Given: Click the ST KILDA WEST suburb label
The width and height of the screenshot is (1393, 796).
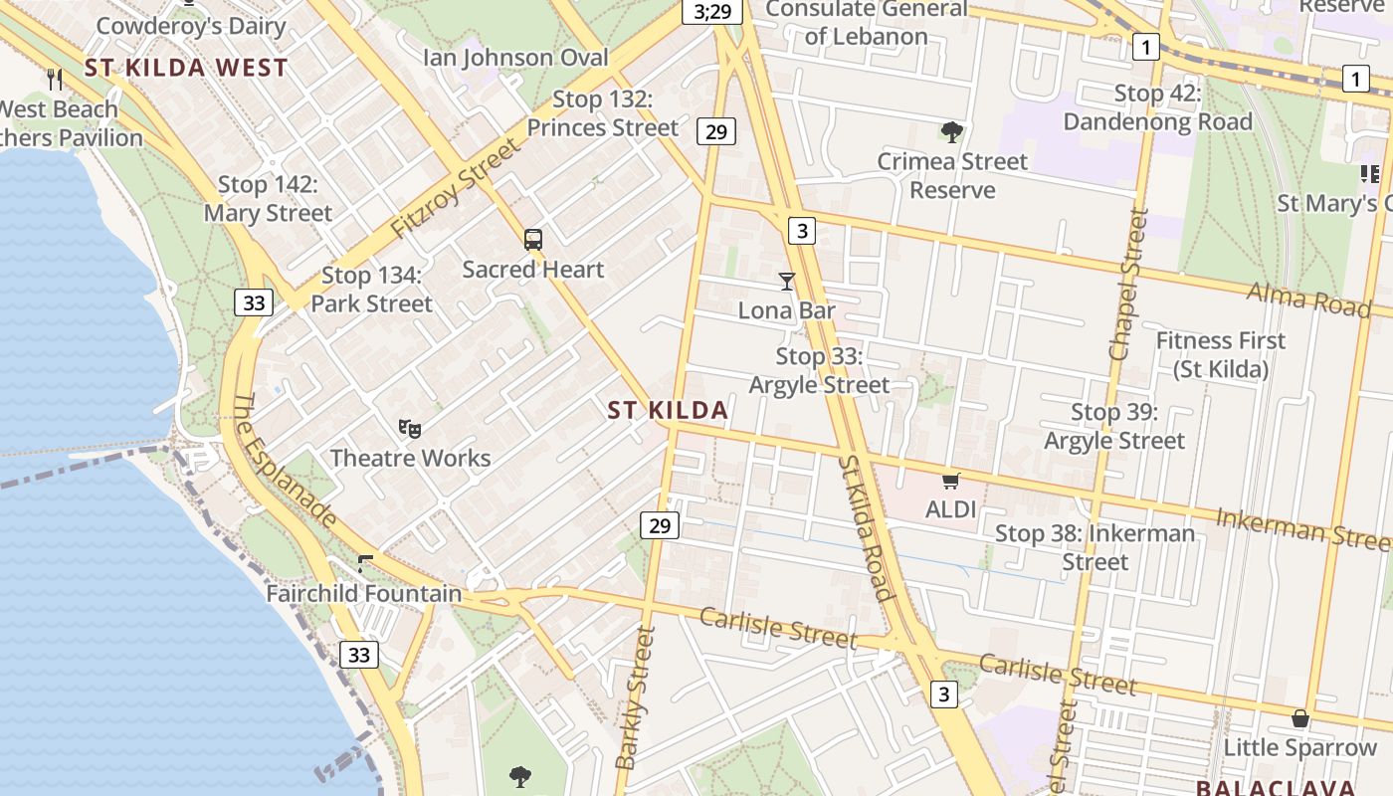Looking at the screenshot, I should point(186,68).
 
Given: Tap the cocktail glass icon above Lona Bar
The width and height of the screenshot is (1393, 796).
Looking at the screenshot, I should point(787,282).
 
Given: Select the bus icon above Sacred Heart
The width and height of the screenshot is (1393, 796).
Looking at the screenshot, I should point(533,240).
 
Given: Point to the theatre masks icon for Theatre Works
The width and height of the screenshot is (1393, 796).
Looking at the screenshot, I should point(409,428).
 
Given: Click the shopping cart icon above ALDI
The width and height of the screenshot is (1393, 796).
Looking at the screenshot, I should point(950,482).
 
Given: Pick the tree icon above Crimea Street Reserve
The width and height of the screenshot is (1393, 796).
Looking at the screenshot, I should point(952,131).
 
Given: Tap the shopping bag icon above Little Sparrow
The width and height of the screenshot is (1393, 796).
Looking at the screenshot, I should point(1299,718).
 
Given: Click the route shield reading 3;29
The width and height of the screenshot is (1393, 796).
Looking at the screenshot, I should point(711,12).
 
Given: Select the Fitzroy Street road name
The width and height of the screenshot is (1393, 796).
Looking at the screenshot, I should point(455,188).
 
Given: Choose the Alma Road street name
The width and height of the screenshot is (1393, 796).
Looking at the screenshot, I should point(1308,298).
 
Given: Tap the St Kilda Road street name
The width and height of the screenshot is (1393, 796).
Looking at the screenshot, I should point(865,528).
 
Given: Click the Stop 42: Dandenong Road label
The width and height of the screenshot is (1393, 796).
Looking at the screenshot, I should point(1157,107).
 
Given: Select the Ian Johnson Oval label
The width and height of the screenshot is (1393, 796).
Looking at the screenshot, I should point(515,58).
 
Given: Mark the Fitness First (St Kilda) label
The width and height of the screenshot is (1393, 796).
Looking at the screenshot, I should point(1220,354).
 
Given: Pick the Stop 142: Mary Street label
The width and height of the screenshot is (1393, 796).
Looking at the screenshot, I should point(268,199).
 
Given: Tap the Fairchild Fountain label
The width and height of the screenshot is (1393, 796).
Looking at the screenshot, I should point(364,594).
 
